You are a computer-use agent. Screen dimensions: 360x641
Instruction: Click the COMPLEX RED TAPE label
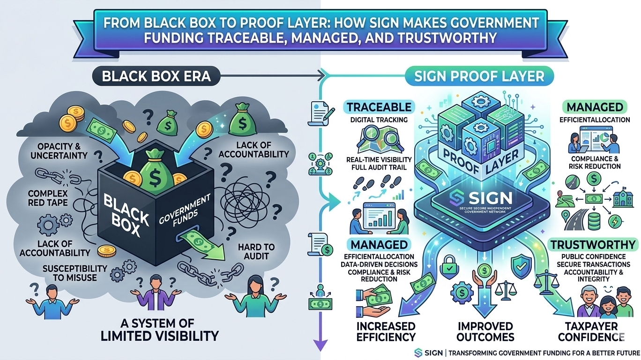point(48,198)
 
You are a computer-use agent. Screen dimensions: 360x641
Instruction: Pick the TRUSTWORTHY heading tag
point(593,244)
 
